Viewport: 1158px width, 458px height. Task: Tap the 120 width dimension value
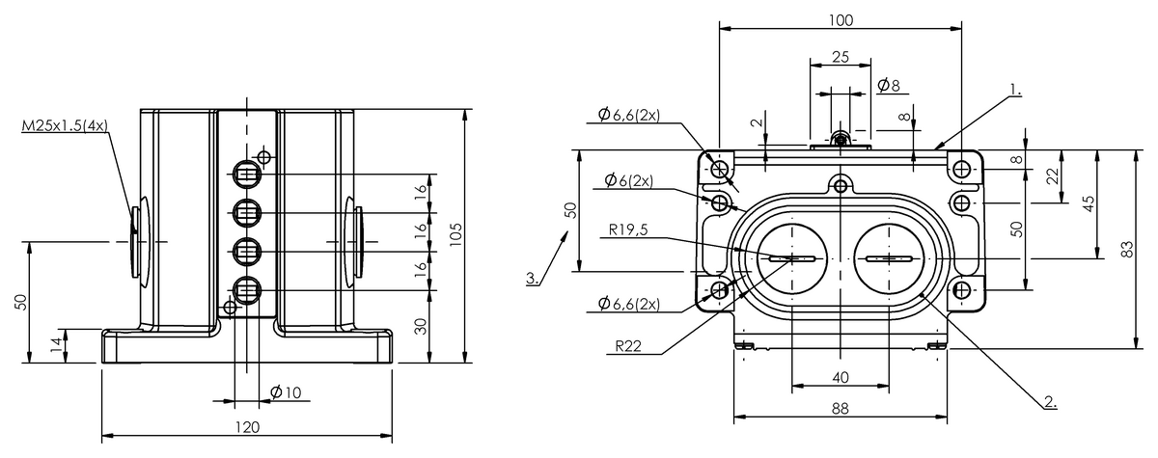coord(249,427)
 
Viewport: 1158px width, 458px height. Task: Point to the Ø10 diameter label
coord(287,391)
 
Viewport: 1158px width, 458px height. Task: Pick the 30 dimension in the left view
coord(421,326)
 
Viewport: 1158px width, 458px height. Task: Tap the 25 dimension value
coord(841,57)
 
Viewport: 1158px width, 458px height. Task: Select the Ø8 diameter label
coord(889,86)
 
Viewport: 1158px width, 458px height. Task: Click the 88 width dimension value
coord(840,409)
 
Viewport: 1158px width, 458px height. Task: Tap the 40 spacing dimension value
coord(840,377)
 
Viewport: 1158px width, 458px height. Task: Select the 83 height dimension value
coord(1126,250)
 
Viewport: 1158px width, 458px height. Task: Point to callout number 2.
coord(1050,400)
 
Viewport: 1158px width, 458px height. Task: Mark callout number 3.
coord(533,279)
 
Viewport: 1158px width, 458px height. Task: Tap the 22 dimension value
coord(1053,175)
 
